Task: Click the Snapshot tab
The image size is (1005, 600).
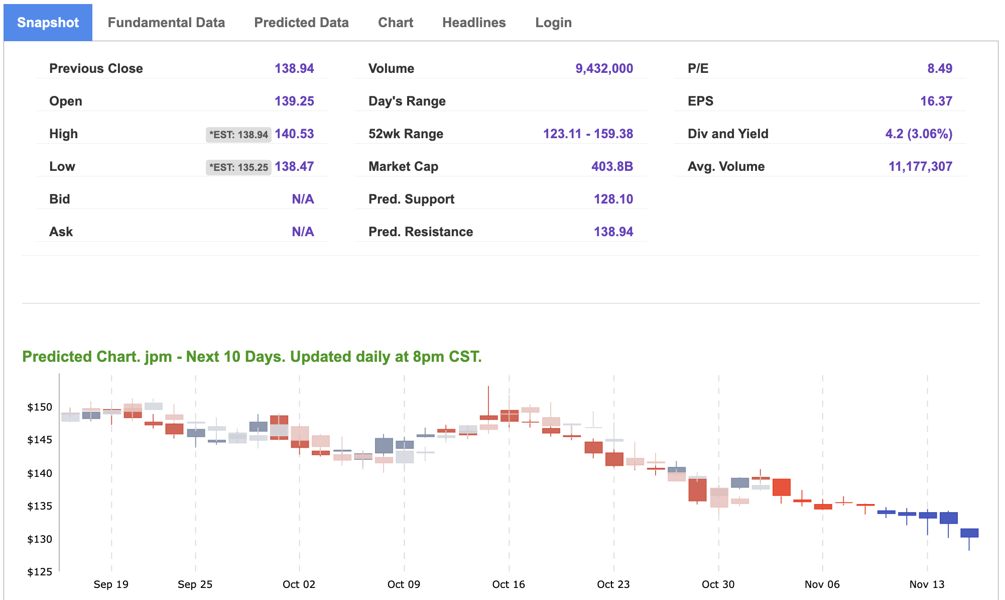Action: pyautogui.click(x=48, y=23)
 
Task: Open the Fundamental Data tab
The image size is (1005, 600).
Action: pyautogui.click(x=166, y=23)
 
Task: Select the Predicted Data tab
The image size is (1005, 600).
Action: pyautogui.click(x=301, y=23)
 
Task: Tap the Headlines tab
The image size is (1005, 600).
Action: pyautogui.click(x=474, y=23)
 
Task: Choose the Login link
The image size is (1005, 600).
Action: pyautogui.click(x=553, y=23)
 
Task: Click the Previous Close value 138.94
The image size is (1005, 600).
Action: pyautogui.click(x=294, y=68)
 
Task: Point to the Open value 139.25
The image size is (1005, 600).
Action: pyautogui.click(x=294, y=101)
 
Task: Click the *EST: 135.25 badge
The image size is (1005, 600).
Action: pyautogui.click(x=238, y=167)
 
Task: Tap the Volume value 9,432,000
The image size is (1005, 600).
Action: pyautogui.click(x=604, y=68)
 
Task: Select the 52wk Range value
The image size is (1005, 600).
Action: pyautogui.click(x=588, y=134)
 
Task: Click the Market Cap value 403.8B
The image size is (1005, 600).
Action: pyautogui.click(x=612, y=166)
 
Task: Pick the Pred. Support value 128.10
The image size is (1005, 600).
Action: pyautogui.click(x=613, y=199)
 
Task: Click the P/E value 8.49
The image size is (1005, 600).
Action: pyautogui.click(x=939, y=68)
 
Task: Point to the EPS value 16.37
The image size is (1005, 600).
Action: pyautogui.click(x=936, y=101)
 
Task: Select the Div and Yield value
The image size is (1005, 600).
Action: pyautogui.click(x=918, y=134)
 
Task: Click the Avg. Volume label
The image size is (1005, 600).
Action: pyautogui.click(x=726, y=166)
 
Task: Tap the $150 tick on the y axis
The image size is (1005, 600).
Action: pyautogui.click(x=40, y=407)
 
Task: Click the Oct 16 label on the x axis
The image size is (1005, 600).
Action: pyautogui.click(x=509, y=584)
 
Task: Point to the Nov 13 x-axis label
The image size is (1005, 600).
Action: pyautogui.click(x=927, y=584)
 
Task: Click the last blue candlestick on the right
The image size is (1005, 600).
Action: pyautogui.click(x=969, y=533)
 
